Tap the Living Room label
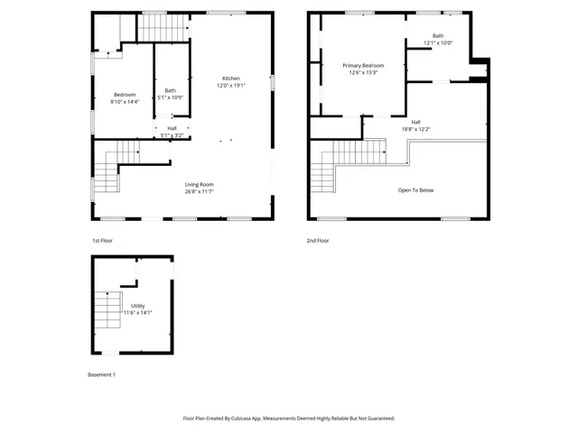pyautogui.click(x=200, y=185)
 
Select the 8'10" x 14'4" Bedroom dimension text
pyautogui.click(x=125, y=102)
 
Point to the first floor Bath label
pyautogui.click(x=170, y=90)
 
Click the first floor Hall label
pyautogui.click(x=172, y=128)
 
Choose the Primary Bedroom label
pyautogui.click(x=363, y=66)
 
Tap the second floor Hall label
pyautogui.click(x=415, y=122)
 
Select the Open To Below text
pyautogui.click(x=415, y=190)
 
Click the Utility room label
pyautogui.click(x=137, y=307)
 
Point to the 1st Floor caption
pyautogui.click(x=102, y=241)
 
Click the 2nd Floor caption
pyautogui.click(x=318, y=241)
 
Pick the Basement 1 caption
pyautogui.click(x=101, y=374)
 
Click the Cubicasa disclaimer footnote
pyautogui.click(x=289, y=418)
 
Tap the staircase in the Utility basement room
pyautogui.click(x=109, y=311)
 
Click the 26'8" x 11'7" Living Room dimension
pyautogui.click(x=200, y=191)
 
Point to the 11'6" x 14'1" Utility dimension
pyautogui.click(x=138, y=313)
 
